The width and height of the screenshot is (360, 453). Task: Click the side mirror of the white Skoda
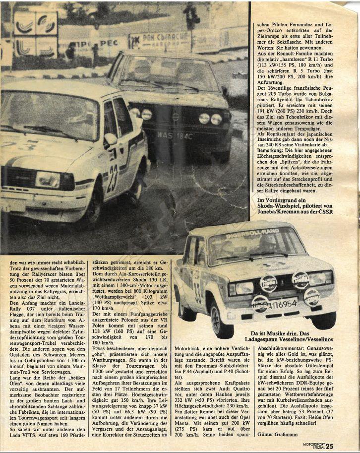click(110, 139)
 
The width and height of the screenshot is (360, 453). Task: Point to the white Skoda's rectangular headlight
click(47, 180)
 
